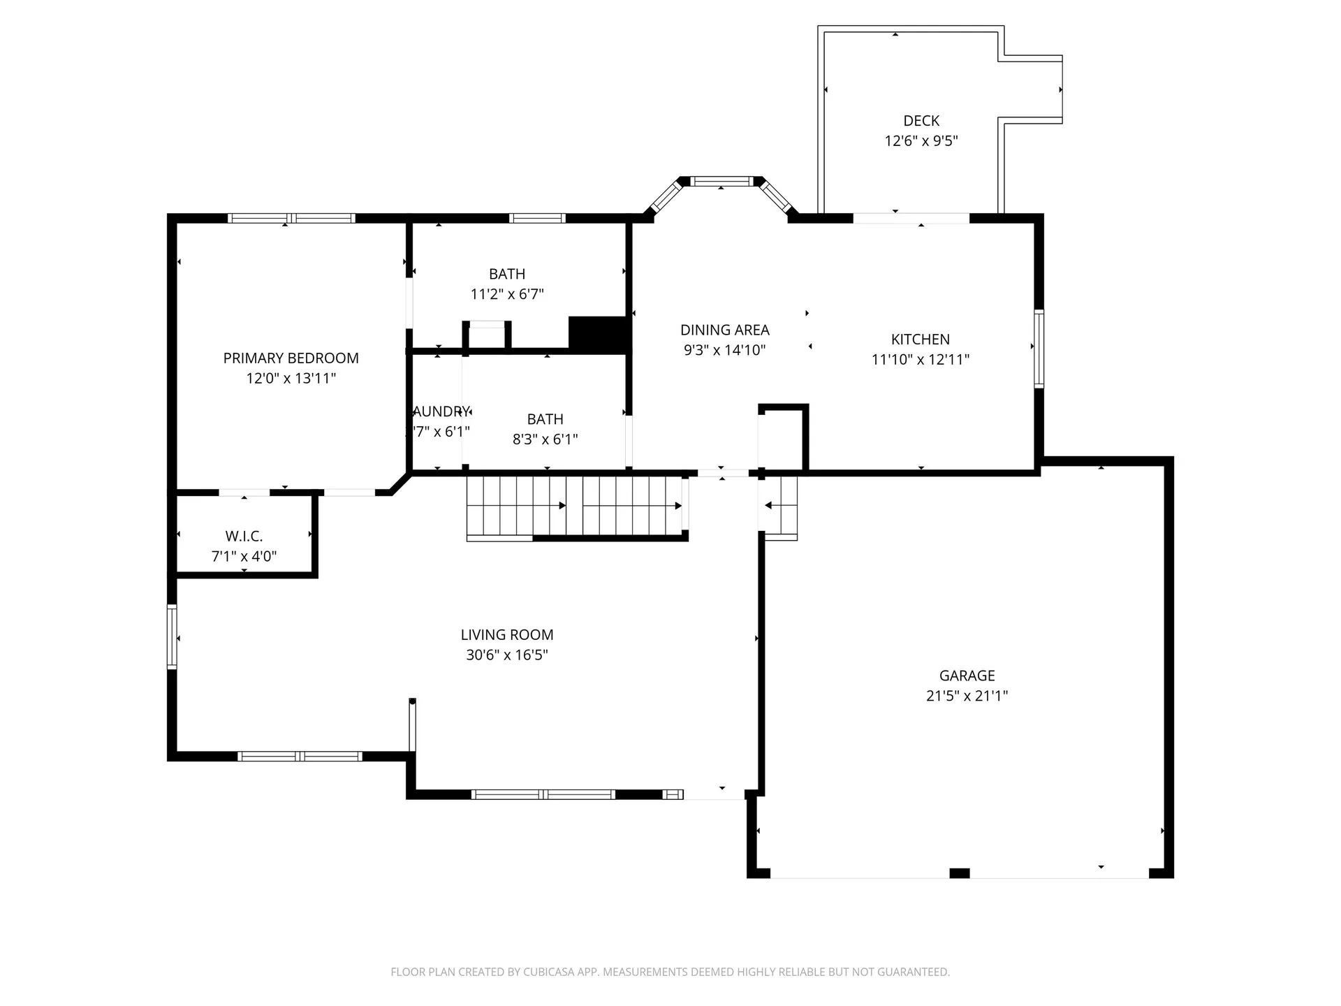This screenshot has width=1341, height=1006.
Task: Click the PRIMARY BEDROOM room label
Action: tap(291, 358)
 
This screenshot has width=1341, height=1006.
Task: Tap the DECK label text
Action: tap(921, 121)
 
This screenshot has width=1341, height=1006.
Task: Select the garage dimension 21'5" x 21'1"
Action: tap(967, 696)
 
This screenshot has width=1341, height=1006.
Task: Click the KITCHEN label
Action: tap(920, 340)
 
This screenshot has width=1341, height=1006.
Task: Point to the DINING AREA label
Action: tap(724, 330)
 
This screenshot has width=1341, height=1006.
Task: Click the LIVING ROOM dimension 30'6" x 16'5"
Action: tap(507, 655)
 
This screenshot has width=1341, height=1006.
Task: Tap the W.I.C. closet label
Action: tap(244, 537)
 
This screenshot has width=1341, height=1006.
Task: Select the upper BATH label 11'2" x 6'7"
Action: tap(507, 275)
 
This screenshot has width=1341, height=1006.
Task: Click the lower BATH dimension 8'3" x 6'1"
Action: tap(545, 439)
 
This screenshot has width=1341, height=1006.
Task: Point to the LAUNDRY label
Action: tap(440, 411)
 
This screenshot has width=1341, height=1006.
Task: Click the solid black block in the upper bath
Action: tap(599, 333)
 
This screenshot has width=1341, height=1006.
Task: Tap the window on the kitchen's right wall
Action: tap(1039, 349)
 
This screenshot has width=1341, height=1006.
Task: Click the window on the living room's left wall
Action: tap(172, 637)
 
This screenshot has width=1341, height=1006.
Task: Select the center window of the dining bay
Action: tap(721, 182)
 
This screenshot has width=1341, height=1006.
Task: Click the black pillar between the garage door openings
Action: tap(960, 873)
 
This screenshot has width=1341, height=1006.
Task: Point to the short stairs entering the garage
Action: tap(780, 506)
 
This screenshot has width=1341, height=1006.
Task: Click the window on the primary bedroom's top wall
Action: tap(291, 219)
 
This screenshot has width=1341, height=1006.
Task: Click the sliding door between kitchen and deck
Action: tap(911, 219)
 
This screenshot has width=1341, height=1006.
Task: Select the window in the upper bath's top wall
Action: tap(536, 219)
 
